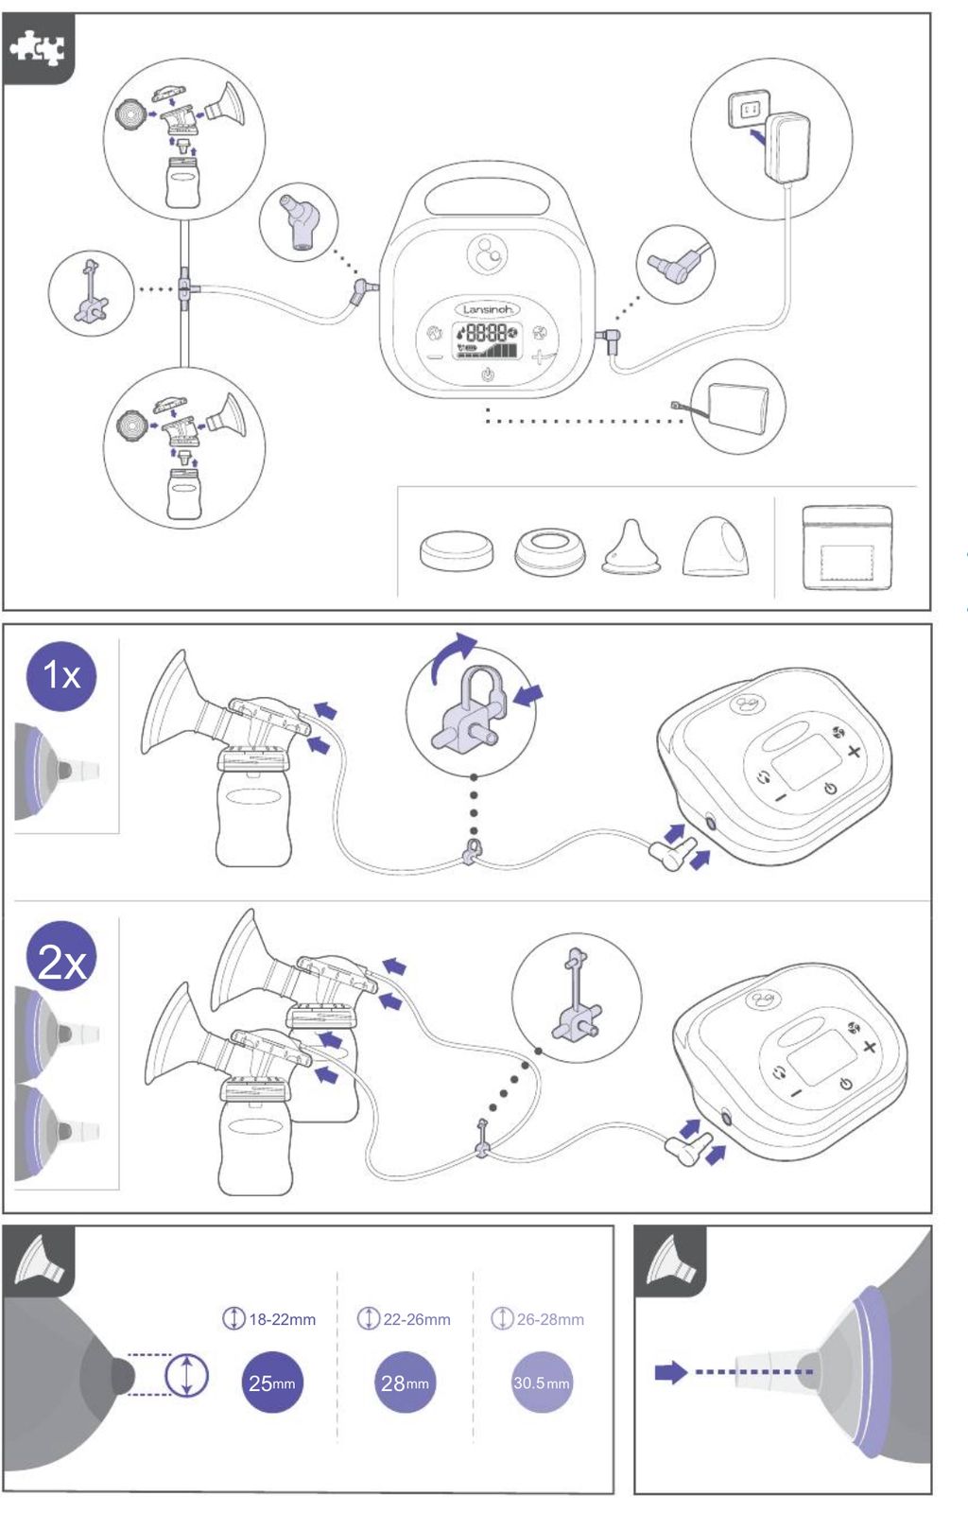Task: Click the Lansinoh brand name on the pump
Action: (488, 309)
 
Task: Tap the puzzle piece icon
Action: (38, 48)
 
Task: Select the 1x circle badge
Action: (61, 675)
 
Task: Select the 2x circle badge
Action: (61, 956)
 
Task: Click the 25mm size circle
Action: (272, 1383)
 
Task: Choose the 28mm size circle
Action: (405, 1383)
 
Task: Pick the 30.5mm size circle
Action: (542, 1383)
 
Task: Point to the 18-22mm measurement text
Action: (282, 1319)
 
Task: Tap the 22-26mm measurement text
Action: (417, 1319)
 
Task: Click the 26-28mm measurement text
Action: (550, 1319)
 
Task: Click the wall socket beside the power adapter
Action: (749, 109)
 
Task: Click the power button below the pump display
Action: (488, 374)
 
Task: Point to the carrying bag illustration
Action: (846, 548)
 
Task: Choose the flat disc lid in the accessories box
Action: (457, 550)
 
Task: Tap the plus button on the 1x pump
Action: (854, 751)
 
